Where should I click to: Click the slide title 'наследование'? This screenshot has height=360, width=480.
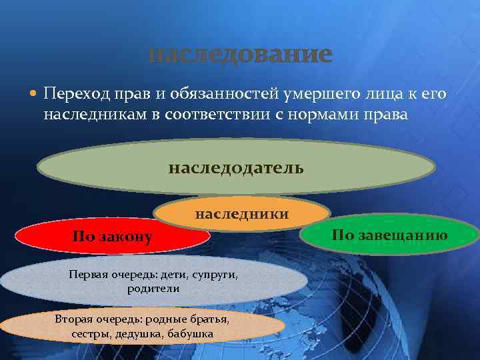239,54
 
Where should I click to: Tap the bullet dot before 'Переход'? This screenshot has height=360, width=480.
33,95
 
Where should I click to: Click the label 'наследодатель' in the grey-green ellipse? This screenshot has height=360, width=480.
236,167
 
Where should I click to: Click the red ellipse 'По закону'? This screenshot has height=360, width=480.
113,237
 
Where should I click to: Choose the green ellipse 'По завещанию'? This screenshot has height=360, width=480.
389,234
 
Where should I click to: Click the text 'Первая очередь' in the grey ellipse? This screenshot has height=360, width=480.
107,275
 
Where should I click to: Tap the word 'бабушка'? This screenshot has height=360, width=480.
190,333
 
